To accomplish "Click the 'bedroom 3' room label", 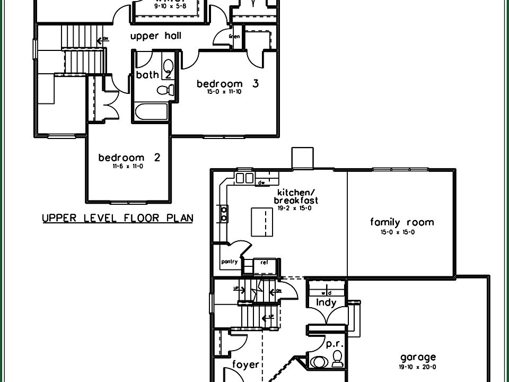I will click(x=227, y=84).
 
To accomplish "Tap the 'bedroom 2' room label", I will click(x=129, y=158).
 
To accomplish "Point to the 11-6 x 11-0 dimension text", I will click(x=128, y=166).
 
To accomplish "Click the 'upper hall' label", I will click(x=156, y=36).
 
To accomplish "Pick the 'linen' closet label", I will click(x=234, y=37).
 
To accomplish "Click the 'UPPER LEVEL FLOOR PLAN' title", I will click(x=117, y=218).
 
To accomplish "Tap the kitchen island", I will click(x=259, y=222).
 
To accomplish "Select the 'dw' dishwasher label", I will click(x=261, y=183).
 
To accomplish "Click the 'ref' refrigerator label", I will click(x=264, y=262).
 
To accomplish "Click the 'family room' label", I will click(x=402, y=222).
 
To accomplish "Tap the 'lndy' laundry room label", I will click(x=326, y=303).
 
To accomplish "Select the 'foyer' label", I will click(x=246, y=364).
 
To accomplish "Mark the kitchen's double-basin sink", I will click(x=244, y=178).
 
